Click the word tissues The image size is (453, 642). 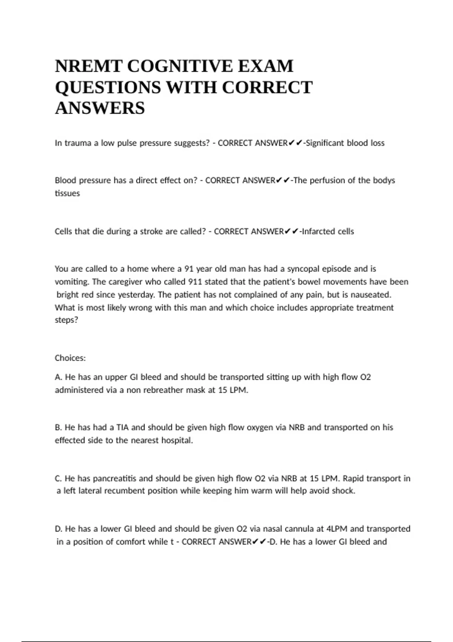(67, 193)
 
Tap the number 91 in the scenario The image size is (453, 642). (189, 269)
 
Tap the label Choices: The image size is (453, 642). (70, 358)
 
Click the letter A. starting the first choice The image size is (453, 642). (59, 377)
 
